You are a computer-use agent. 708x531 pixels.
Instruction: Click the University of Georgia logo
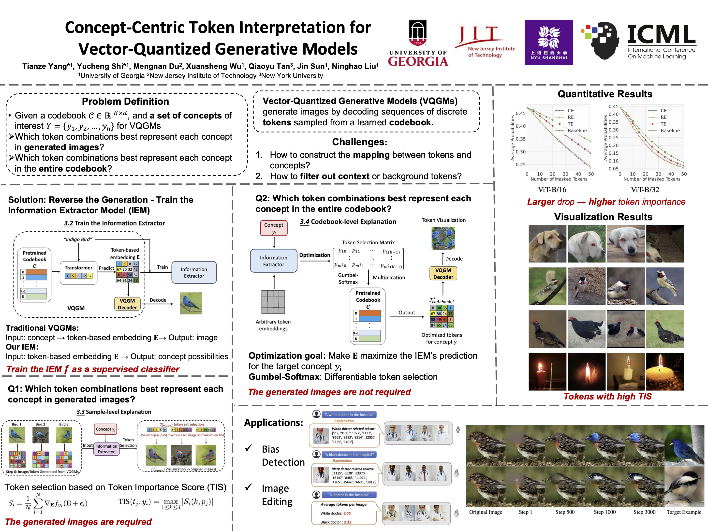(x=418, y=43)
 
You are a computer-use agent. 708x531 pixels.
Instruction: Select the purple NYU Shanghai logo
(x=549, y=42)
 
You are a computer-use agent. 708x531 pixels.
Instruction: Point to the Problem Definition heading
(x=125, y=102)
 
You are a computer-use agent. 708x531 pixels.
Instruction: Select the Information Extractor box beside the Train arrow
(x=194, y=272)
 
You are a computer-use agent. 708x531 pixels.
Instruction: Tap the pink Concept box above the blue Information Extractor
(x=274, y=228)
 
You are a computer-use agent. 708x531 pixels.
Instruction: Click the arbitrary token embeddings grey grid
(x=273, y=302)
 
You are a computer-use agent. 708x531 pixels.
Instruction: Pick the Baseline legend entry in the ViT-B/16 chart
(x=577, y=131)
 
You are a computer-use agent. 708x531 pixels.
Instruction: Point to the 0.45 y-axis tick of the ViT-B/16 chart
(x=520, y=113)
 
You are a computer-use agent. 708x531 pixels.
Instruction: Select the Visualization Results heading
(x=603, y=217)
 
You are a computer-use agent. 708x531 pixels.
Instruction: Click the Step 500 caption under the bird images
(x=565, y=512)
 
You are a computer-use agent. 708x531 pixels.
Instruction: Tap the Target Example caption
(x=684, y=512)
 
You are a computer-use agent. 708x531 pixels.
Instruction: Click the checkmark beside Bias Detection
(x=249, y=448)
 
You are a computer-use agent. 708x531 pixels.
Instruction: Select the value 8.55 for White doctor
(x=347, y=513)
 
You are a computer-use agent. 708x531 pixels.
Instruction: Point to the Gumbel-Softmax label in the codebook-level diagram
(x=348, y=279)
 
